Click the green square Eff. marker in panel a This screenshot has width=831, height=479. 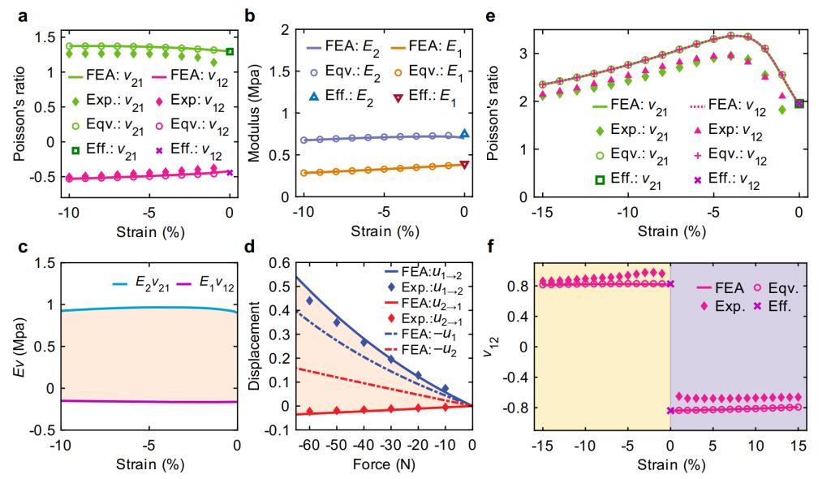(230, 51)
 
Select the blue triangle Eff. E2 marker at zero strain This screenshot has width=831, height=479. (464, 134)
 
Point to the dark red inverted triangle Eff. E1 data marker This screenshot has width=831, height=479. (464, 164)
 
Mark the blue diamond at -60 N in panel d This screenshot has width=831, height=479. (309, 301)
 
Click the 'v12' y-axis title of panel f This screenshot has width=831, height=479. (506, 346)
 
